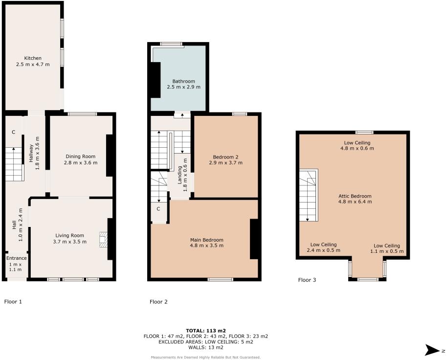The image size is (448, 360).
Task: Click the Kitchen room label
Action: pos(33,58)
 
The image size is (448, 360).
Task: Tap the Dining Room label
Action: pos(81,157)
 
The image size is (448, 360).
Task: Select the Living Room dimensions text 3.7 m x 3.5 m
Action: pos(70,242)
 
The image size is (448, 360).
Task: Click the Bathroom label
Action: pos(183,81)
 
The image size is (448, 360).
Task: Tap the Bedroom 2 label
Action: pos(225,157)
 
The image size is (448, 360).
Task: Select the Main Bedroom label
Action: pos(207,240)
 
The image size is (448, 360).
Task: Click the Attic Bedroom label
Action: pos(355,196)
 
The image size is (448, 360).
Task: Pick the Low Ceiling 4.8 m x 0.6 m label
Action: pos(356,143)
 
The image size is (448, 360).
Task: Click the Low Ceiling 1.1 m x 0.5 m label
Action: pos(387,246)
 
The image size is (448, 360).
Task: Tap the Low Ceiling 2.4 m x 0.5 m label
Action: pos(323,245)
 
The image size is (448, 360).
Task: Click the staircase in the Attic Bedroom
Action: pos(308,196)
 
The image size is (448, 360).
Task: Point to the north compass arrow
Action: pos(432,349)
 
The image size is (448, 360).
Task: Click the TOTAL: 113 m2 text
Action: pos(205,331)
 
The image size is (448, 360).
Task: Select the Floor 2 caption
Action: pos(158,302)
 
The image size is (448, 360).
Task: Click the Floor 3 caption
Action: pos(307,280)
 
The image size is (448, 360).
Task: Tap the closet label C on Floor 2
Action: pos(158,209)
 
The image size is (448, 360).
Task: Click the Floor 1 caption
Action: pos(13,302)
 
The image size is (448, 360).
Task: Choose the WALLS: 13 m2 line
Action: pos(205,348)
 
